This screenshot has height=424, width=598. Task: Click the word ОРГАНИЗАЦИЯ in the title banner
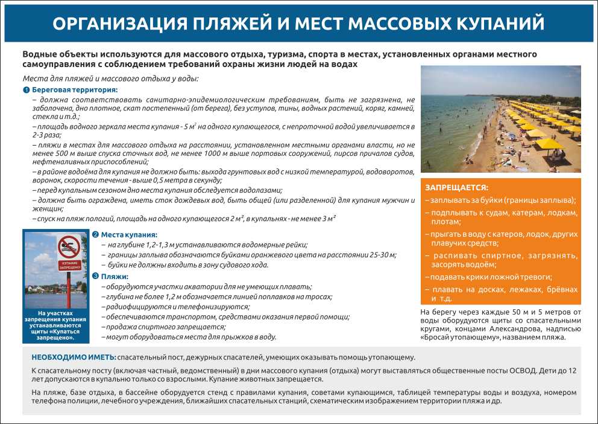point(113,24)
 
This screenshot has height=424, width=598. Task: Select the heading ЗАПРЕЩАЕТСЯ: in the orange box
point(457,188)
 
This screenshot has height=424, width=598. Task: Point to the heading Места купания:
point(128,234)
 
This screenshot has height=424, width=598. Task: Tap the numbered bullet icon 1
point(26,90)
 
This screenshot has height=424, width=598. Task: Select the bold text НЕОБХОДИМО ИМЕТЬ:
point(74,358)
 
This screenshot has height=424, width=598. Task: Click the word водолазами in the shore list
point(260,190)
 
